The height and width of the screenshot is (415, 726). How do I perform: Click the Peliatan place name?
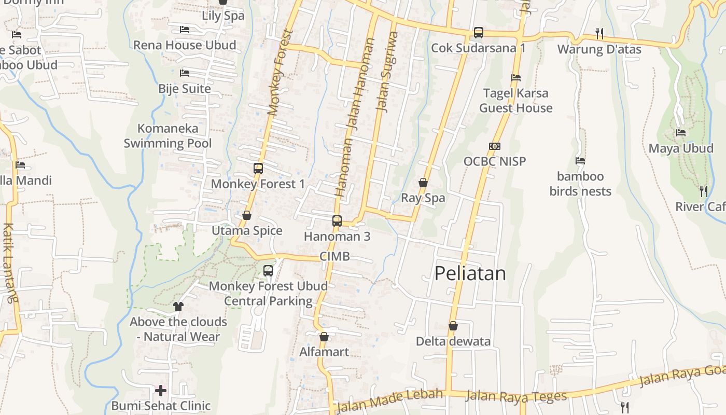(470, 273)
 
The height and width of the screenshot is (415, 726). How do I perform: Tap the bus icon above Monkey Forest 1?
(258, 169)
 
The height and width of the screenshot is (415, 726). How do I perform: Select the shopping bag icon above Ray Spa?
(423, 183)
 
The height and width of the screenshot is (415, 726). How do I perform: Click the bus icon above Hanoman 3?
(337, 221)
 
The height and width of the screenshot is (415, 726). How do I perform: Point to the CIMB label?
(334, 256)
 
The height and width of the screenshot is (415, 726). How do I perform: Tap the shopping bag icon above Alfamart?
(324, 337)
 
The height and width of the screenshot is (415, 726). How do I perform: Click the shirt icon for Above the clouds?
(178, 306)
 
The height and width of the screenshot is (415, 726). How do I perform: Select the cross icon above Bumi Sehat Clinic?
(161, 390)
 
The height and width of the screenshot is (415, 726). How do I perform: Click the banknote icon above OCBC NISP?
(495, 146)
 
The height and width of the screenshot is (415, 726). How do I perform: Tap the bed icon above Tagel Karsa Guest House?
(515, 78)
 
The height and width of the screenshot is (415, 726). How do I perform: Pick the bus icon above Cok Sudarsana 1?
(479, 33)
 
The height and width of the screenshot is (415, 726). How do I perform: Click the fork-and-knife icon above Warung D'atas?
(599, 34)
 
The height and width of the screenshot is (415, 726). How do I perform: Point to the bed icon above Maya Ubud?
(681, 133)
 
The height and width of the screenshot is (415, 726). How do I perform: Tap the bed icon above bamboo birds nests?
(580, 161)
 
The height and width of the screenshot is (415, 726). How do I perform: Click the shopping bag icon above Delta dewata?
(453, 326)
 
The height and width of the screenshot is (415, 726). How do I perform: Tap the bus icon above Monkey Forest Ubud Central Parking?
(268, 270)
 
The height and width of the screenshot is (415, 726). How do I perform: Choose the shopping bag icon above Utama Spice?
(247, 215)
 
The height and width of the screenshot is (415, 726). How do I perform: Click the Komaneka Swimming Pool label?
(167, 136)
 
